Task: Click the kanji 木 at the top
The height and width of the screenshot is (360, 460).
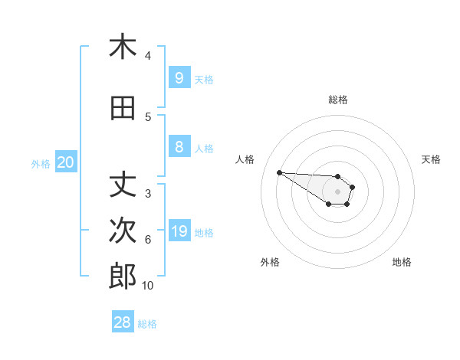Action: tap(123, 47)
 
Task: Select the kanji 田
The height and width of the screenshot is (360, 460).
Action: tap(123, 108)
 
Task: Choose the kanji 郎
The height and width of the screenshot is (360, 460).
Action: tap(123, 277)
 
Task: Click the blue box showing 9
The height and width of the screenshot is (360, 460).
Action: tap(179, 77)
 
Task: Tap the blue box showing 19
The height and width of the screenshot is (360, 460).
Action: tap(179, 231)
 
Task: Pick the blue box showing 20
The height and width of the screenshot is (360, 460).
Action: tap(66, 162)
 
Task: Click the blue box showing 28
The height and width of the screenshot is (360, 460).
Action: tap(123, 322)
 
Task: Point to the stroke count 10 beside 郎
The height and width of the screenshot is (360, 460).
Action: tap(147, 286)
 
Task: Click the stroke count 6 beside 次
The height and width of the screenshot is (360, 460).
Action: tap(148, 240)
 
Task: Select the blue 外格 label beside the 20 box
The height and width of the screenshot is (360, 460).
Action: tap(41, 163)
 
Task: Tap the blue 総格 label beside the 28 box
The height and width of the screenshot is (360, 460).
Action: tap(147, 324)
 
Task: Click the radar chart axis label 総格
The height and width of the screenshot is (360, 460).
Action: tap(338, 100)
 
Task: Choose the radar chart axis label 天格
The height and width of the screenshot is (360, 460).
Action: tap(431, 159)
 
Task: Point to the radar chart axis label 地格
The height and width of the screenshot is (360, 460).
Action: tap(402, 262)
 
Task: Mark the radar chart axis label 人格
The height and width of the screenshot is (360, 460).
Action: tap(245, 159)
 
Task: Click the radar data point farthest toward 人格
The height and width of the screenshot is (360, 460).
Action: tap(279, 172)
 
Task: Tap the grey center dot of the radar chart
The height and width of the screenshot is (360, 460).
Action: tap(337, 191)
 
